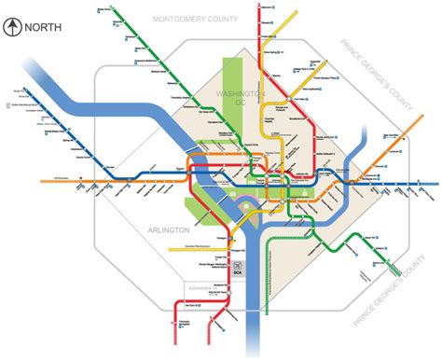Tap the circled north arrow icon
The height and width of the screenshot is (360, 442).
[12, 26]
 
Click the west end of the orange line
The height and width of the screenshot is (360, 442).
[42, 179]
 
